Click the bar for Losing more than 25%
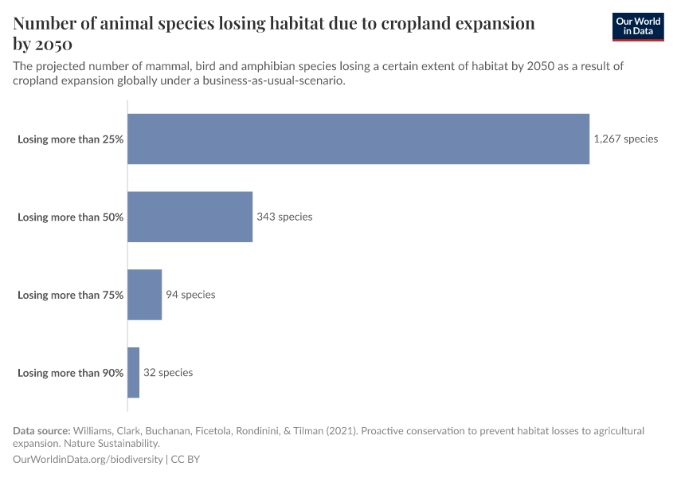[358, 139]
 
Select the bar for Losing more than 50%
[190, 217]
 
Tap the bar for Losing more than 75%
[144, 295]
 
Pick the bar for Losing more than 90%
[133, 373]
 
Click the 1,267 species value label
[625, 139]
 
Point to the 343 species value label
[284, 217]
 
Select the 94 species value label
[190, 295]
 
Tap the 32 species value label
[168, 373]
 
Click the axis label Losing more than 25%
[70, 139]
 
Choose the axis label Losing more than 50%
[70, 217]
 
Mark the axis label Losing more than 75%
[70, 296]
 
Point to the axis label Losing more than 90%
[70, 374]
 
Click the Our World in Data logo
[638, 26]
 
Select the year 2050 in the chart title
[54, 44]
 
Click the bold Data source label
[41, 431]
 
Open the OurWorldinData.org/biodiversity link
[88, 460]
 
